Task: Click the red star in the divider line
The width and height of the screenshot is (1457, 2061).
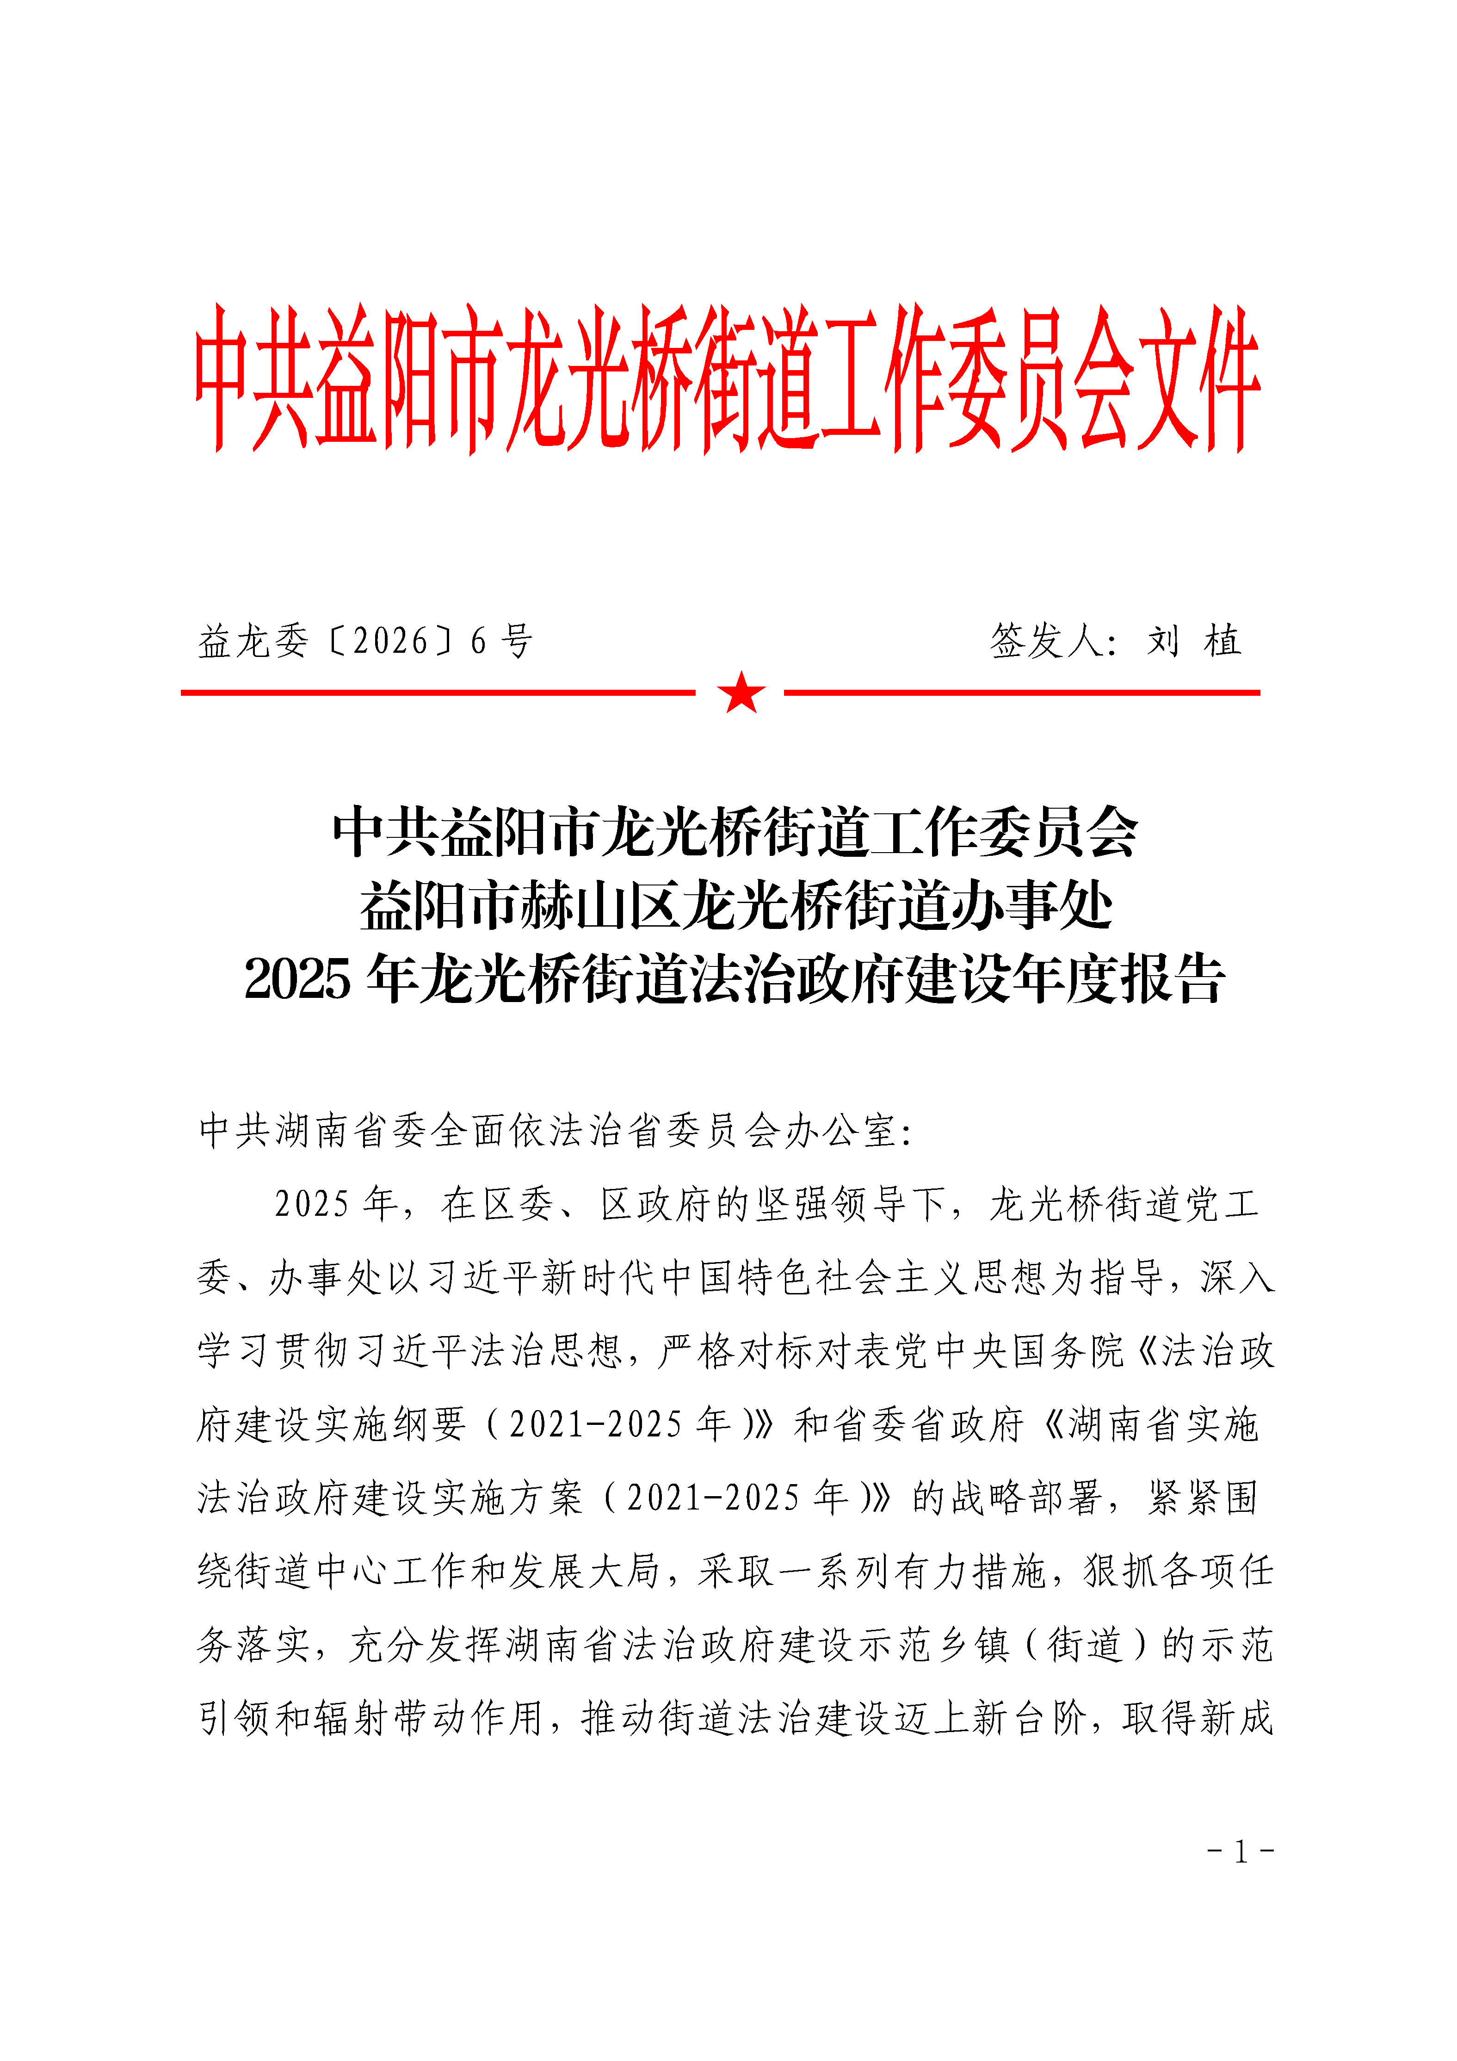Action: (741, 692)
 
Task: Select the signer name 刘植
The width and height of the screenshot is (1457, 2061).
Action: (1194, 641)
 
